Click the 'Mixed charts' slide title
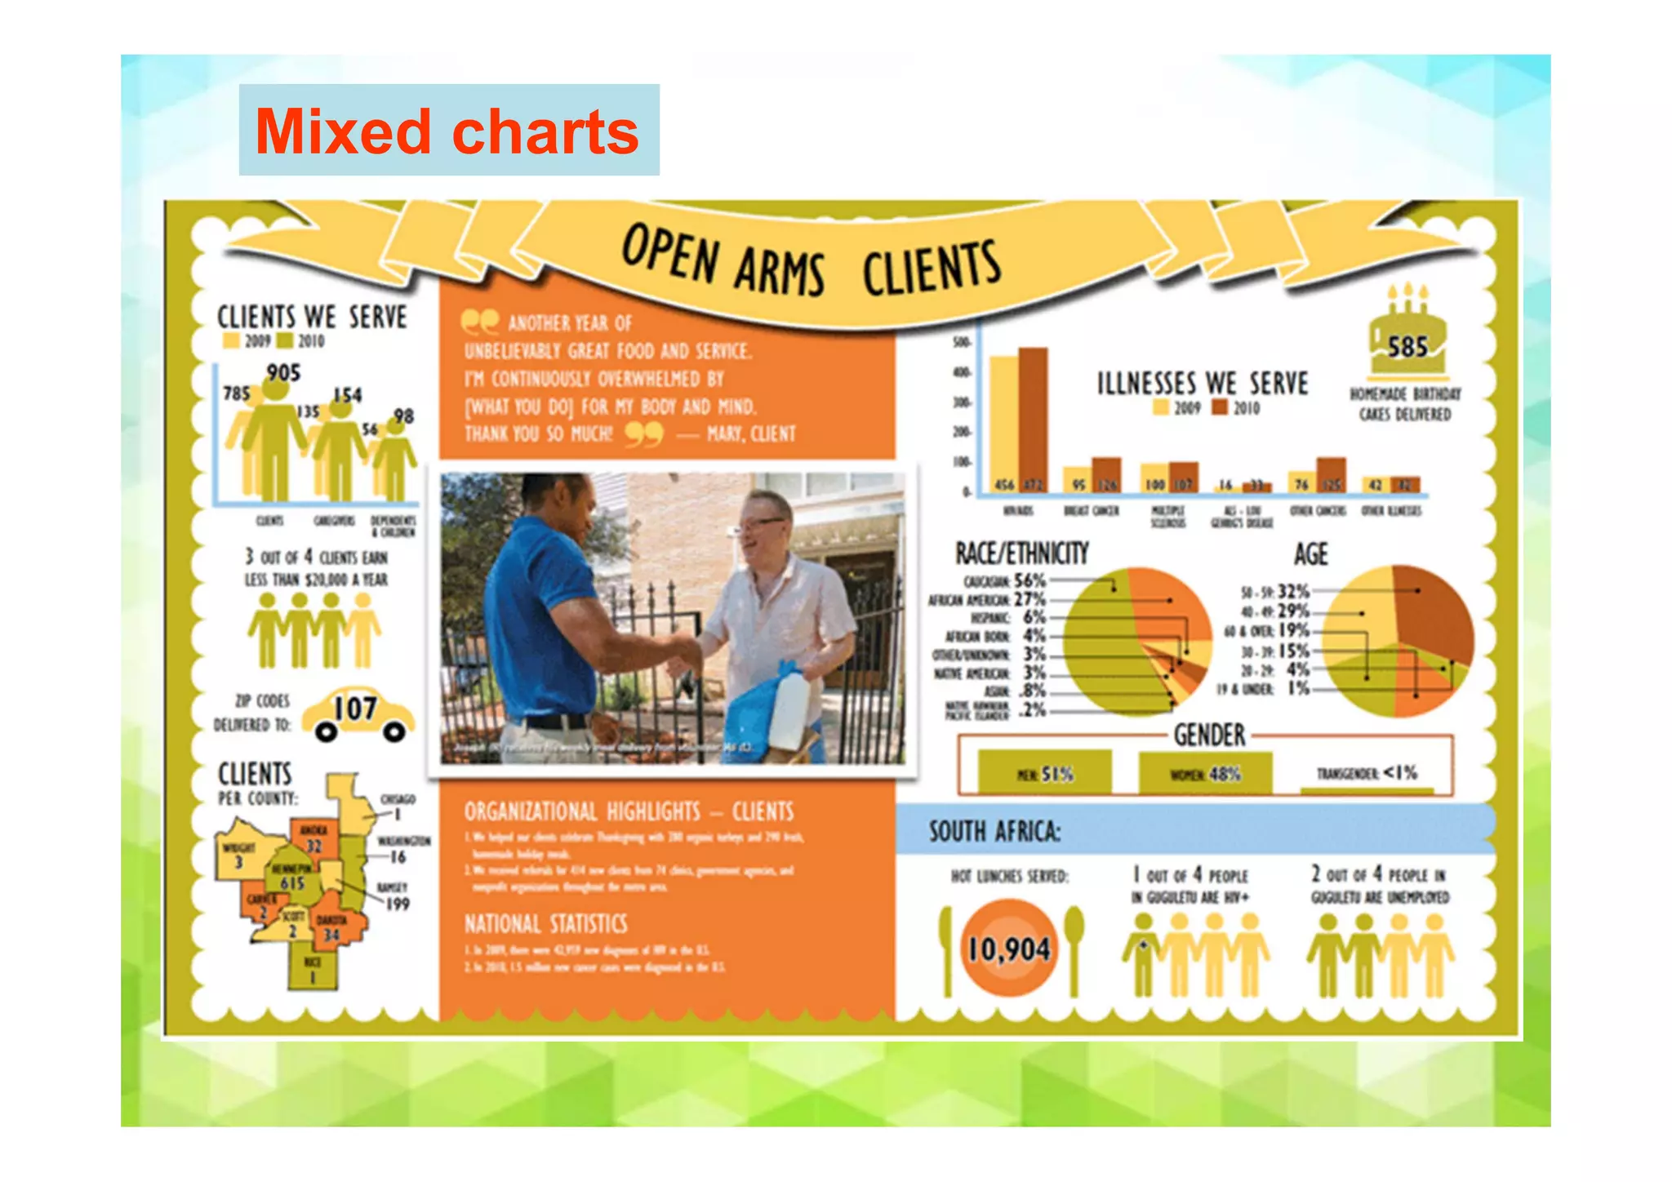[x=447, y=131]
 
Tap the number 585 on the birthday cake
[x=1407, y=348]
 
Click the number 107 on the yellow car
[x=356, y=709]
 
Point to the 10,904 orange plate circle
[x=1009, y=949]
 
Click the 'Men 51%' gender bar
[x=1044, y=772]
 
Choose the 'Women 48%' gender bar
[x=1205, y=772]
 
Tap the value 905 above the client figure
[x=283, y=373]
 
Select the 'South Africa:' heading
[x=994, y=831]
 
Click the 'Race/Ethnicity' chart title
[x=1021, y=553]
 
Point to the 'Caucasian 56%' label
[x=1004, y=581]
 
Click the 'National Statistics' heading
[x=545, y=924]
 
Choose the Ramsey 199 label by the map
[x=394, y=896]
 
